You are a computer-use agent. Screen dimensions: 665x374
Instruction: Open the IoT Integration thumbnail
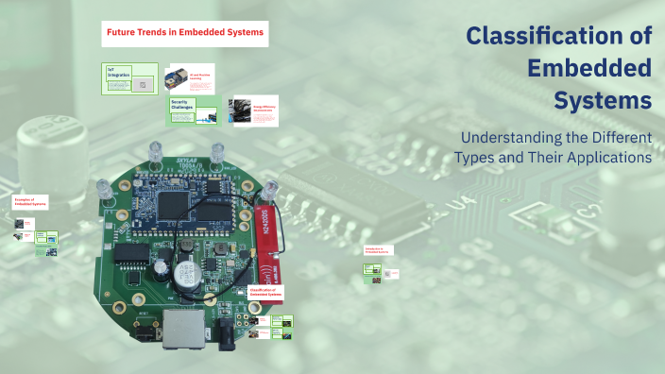tap(130, 77)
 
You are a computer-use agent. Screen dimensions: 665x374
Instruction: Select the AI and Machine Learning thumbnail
tap(189, 78)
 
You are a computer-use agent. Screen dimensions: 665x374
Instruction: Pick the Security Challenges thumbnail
tap(194, 110)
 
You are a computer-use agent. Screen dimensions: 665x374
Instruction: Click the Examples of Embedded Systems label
tap(31, 202)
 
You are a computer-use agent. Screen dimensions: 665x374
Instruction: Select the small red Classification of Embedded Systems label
tap(265, 292)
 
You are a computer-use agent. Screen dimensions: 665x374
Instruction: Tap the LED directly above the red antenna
tap(271, 186)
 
